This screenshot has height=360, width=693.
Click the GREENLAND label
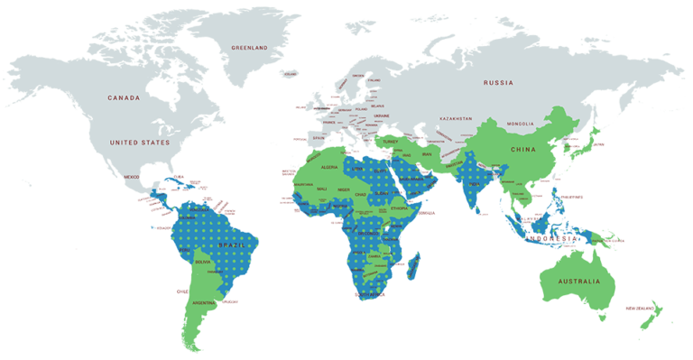(x=249, y=47)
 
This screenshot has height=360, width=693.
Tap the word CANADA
(x=124, y=97)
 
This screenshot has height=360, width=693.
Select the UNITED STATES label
(x=139, y=143)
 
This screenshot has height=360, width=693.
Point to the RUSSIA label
(x=497, y=82)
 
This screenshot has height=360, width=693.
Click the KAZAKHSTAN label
(x=456, y=119)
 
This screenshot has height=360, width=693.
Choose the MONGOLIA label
(x=521, y=123)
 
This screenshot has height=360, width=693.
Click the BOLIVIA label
(x=203, y=262)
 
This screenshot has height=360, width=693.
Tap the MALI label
(x=321, y=189)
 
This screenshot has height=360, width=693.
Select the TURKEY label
(x=391, y=142)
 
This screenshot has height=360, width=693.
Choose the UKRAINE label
(x=383, y=115)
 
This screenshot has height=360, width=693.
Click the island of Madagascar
(x=414, y=266)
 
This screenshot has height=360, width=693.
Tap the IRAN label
(x=427, y=155)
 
